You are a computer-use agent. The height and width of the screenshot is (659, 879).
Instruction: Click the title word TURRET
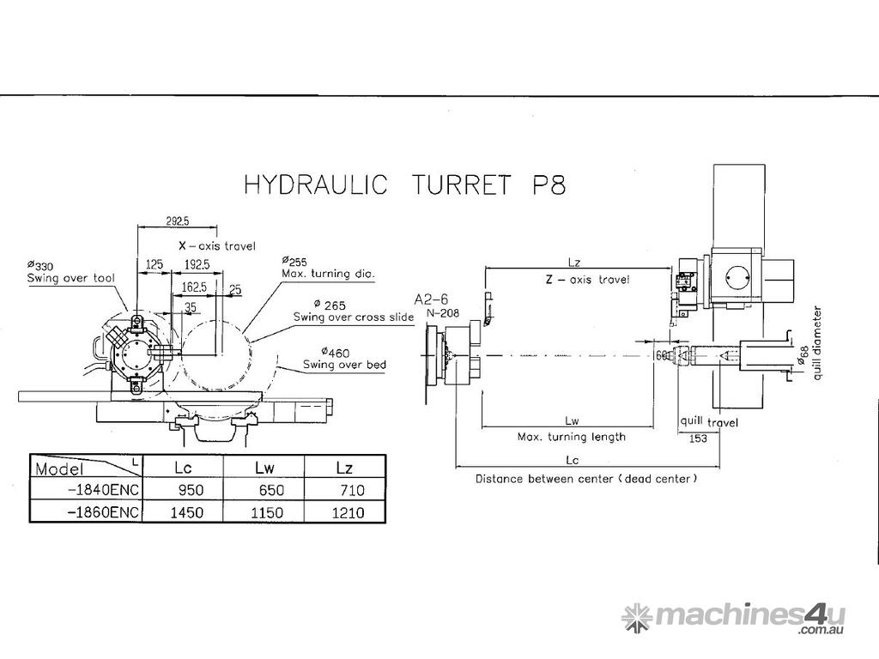[453, 185]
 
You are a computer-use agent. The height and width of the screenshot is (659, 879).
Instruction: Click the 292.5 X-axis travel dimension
[179, 221]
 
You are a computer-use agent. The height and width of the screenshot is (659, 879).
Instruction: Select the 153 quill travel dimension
[697, 438]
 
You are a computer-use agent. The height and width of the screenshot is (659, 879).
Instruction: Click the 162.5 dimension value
[193, 286]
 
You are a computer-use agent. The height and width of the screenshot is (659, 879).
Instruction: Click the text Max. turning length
[571, 437]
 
